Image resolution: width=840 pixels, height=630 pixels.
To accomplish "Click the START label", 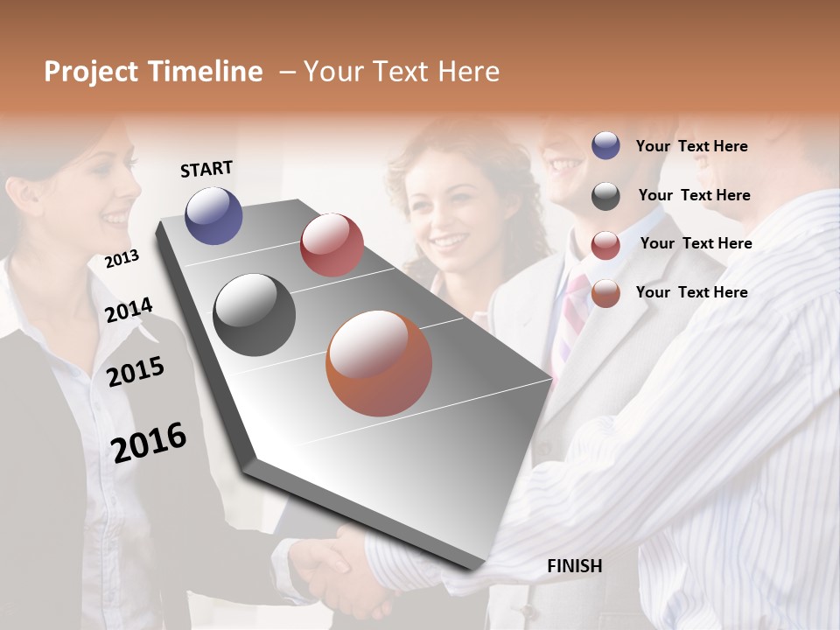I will point(206,169).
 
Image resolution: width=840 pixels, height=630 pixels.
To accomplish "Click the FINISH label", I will point(574,566).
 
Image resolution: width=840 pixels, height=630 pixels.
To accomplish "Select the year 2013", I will point(122,259).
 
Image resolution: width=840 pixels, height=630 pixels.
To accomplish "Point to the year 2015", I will point(136,372).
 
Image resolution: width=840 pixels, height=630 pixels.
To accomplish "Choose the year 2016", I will point(149,442).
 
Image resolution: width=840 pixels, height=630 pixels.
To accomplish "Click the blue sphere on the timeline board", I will point(213,215).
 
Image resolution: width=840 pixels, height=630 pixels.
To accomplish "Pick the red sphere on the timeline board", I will point(332,244).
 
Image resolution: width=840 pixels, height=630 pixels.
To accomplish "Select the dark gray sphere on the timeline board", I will point(254,315).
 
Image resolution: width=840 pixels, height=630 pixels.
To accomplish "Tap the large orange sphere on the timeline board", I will point(379,363).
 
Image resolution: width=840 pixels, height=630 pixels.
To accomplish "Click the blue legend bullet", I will point(605,146).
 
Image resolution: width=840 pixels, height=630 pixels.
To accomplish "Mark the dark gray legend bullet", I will point(605,196).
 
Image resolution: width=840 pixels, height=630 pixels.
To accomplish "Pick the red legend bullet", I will point(605,245).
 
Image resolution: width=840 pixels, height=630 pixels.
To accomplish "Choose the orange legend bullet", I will point(605,293).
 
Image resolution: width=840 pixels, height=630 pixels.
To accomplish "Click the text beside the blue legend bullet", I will point(691,146).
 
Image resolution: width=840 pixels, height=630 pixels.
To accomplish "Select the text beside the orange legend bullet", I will point(691,292).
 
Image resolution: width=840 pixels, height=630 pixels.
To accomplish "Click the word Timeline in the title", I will point(206,72).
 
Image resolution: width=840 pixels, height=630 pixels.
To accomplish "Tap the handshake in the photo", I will point(337,564).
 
